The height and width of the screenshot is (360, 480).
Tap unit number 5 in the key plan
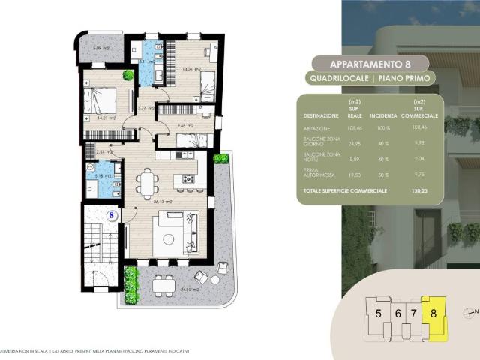(x=379, y=313)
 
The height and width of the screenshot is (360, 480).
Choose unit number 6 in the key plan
(x=397, y=313)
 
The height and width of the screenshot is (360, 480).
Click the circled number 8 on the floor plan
(x=111, y=215)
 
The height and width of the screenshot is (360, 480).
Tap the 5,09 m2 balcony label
(x=91, y=49)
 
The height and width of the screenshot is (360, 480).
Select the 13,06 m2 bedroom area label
(x=192, y=68)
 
